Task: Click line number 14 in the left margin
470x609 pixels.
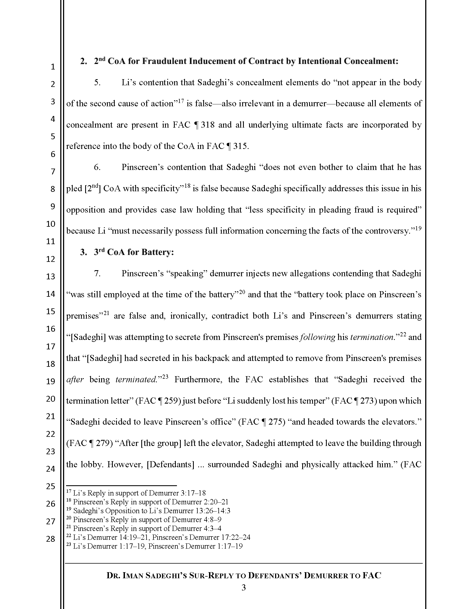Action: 50,294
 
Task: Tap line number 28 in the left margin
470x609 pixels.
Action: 50,539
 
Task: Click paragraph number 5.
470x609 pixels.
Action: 97,82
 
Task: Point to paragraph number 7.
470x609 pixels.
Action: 97,273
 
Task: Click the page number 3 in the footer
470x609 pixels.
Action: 243,587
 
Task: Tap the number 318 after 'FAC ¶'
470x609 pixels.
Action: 208,125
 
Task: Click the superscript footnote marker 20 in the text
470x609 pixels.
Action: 242,292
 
